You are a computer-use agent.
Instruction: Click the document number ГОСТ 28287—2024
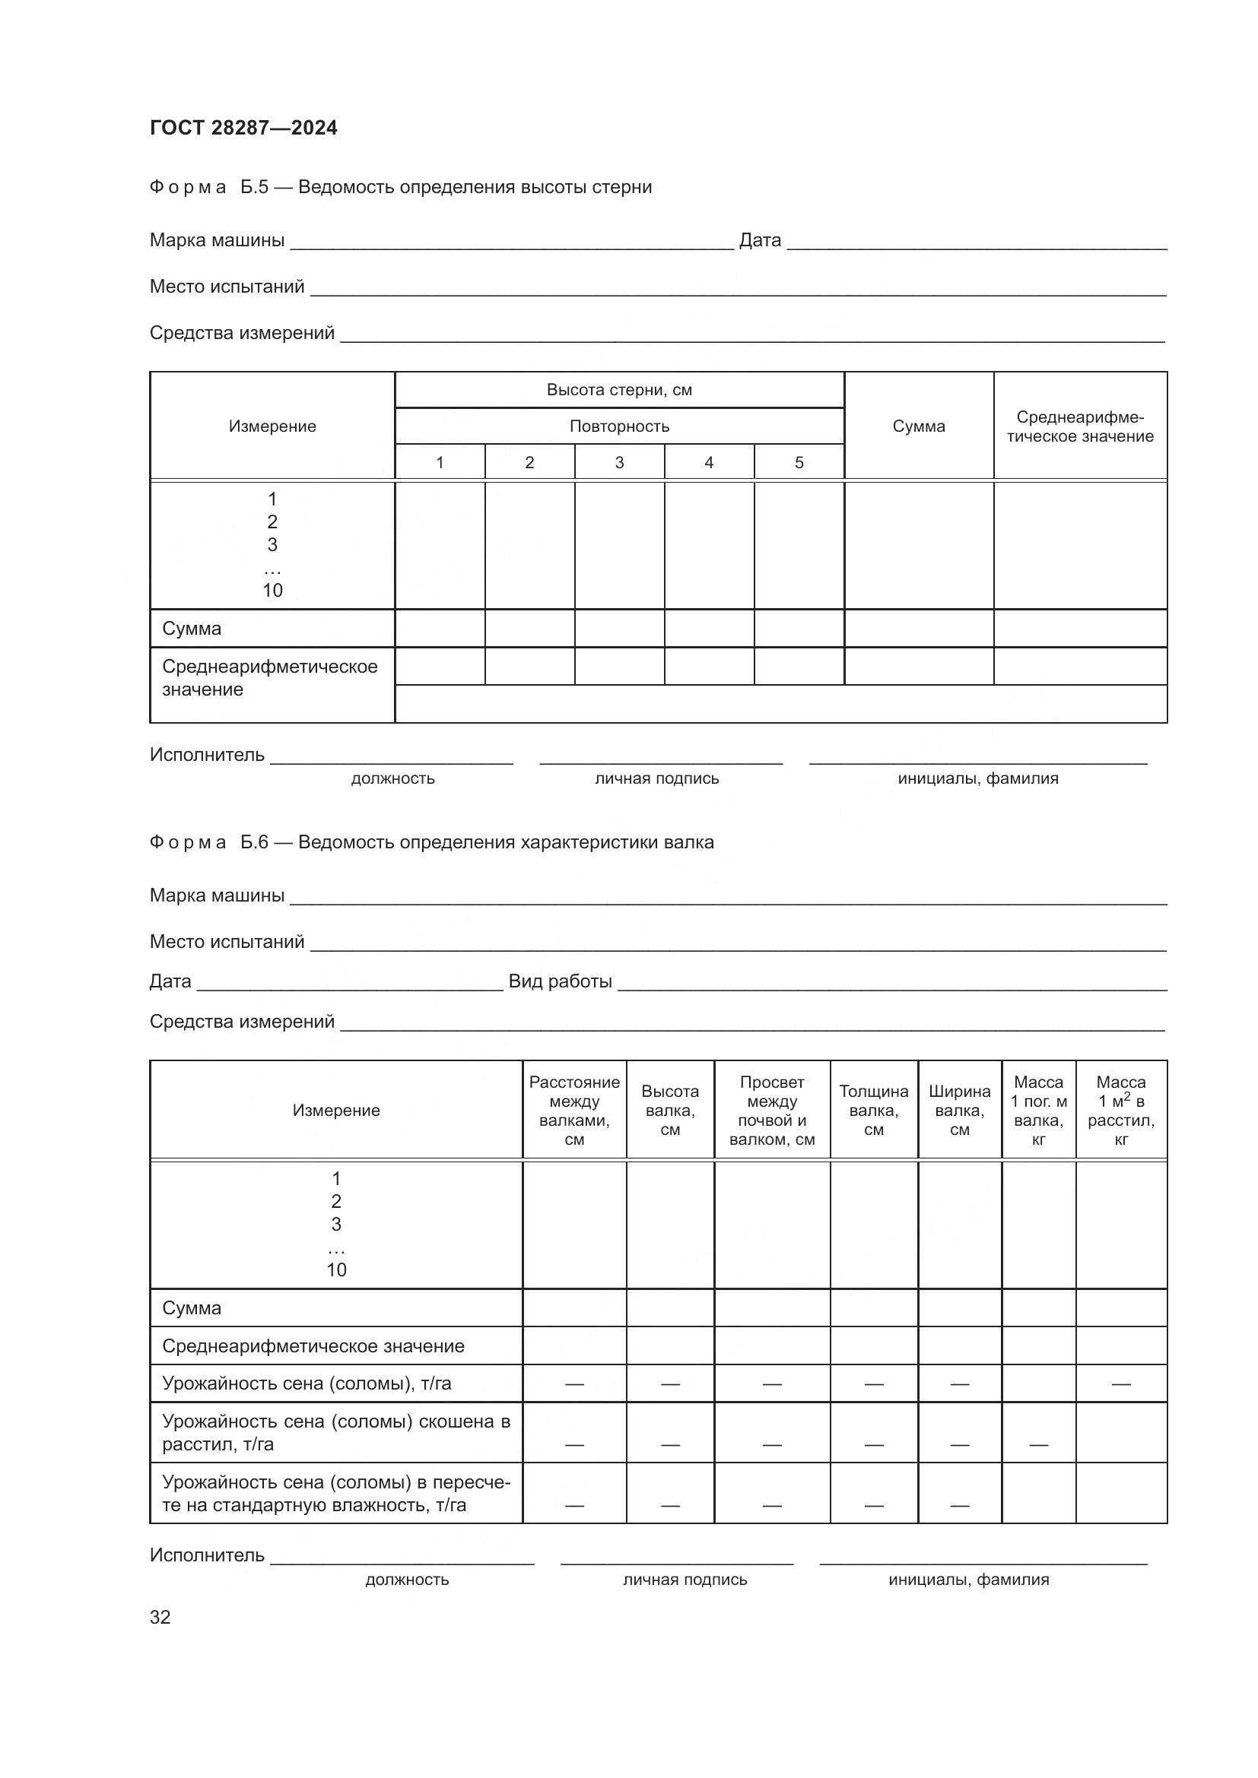click(x=243, y=128)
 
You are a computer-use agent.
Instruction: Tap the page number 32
click(x=160, y=1617)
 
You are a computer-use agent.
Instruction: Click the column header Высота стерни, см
click(x=619, y=389)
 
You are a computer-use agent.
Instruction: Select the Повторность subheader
click(x=619, y=426)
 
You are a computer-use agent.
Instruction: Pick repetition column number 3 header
click(x=619, y=462)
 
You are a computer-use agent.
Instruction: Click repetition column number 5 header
click(x=799, y=462)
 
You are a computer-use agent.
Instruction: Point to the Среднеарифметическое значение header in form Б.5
click(x=1080, y=426)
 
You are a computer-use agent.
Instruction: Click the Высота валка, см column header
click(x=670, y=1110)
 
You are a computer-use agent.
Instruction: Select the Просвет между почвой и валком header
click(x=771, y=1110)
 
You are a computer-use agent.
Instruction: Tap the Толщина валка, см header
click(x=874, y=1110)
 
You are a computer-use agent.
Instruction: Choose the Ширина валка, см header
click(x=959, y=1110)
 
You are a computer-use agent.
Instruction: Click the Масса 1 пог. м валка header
click(x=1038, y=1110)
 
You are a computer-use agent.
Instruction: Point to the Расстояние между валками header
click(x=574, y=1110)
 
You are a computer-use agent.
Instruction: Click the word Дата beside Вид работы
click(x=170, y=981)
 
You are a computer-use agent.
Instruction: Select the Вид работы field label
click(x=560, y=981)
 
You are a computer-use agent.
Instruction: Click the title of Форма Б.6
click(x=431, y=841)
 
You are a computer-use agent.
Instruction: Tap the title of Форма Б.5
click(x=401, y=187)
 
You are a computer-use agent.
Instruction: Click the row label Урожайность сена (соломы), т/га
click(x=306, y=1383)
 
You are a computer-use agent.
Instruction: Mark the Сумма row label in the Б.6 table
click(x=192, y=1308)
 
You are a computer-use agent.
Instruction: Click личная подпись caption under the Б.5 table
click(x=657, y=778)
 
